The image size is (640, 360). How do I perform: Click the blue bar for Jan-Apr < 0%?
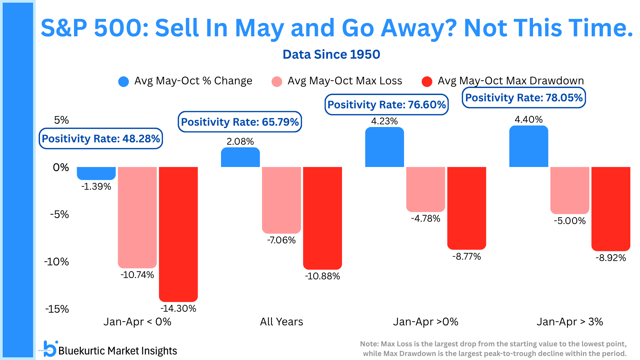click(x=96, y=173)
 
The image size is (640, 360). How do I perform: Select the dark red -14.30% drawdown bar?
click(x=178, y=234)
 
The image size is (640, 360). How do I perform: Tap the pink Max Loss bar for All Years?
click(x=281, y=200)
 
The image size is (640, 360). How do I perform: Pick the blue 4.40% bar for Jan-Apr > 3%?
click(x=529, y=146)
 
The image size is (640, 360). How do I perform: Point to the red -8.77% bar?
click(x=467, y=208)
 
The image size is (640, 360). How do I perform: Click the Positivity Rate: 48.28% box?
click(x=101, y=138)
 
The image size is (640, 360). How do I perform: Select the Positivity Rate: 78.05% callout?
click(x=524, y=98)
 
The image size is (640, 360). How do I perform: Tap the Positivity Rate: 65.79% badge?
click(x=240, y=122)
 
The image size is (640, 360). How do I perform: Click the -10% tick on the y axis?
click(x=56, y=262)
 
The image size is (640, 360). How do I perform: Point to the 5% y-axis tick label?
click(x=62, y=120)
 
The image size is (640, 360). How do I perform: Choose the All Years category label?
click(x=282, y=322)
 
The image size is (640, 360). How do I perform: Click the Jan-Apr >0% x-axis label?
click(x=426, y=322)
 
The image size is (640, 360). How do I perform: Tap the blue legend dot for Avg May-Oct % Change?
click(x=124, y=82)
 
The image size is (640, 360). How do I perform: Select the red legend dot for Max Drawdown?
click(x=427, y=82)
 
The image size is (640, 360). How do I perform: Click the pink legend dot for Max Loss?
click(x=277, y=82)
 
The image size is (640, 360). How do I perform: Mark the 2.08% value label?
click(x=240, y=141)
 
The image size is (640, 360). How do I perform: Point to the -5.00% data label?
click(x=570, y=221)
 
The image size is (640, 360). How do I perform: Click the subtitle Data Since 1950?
click(x=331, y=54)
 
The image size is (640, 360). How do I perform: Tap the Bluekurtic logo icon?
click(x=50, y=349)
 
